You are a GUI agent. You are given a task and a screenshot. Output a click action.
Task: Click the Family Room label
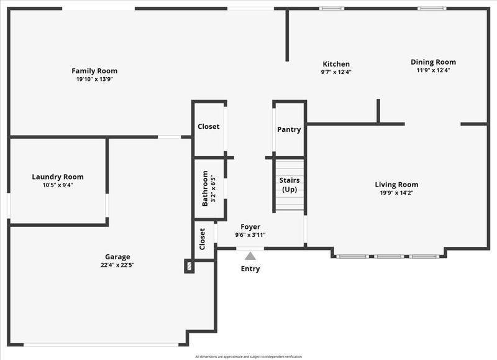[x=94, y=71]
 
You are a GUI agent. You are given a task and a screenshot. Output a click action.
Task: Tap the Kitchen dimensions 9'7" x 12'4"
[x=336, y=72]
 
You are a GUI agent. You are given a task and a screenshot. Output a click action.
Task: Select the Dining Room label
[x=433, y=62]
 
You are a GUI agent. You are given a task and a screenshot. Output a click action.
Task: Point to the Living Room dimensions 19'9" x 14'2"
[x=396, y=193]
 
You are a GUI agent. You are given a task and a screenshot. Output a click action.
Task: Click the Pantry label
[x=289, y=130]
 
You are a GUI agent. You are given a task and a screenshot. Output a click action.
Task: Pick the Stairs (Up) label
[x=290, y=185]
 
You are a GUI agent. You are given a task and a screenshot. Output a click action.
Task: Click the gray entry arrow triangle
[x=250, y=256]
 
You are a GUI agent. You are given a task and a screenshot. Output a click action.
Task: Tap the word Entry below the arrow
[x=250, y=269]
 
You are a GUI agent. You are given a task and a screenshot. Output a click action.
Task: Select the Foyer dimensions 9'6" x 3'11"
[x=250, y=235]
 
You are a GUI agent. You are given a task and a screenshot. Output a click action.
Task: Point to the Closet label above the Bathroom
[x=209, y=127]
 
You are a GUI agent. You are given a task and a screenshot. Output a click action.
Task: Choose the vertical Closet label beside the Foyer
[x=203, y=239]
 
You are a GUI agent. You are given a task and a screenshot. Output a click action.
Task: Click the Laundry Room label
[x=58, y=177]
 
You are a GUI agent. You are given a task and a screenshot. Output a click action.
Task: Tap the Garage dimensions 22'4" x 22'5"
[x=117, y=265]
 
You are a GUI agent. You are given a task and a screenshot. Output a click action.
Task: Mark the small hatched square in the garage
[x=189, y=265]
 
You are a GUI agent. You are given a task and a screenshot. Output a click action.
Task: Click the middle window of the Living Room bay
[x=389, y=256]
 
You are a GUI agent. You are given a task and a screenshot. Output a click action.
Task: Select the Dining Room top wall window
[x=432, y=9]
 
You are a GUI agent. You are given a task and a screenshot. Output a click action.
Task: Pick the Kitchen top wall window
[x=332, y=9]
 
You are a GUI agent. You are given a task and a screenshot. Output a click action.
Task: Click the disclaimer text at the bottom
[x=248, y=357]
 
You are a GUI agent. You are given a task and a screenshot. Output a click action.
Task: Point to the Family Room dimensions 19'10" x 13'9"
[x=94, y=80]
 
